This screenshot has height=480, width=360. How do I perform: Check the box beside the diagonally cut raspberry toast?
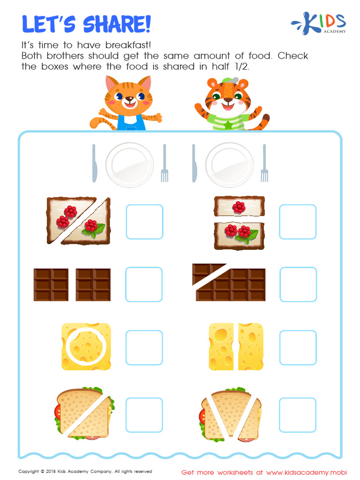(x=144, y=222)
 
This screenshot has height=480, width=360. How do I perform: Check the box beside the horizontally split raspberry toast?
(x=298, y=222)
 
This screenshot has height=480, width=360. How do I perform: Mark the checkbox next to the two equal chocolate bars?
(x=144, y=285)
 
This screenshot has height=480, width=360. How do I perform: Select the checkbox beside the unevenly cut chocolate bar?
(x=298, y=285)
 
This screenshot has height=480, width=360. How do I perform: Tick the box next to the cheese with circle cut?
(x=144, y=347)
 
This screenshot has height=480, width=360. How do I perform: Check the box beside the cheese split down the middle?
(x=298, y=347)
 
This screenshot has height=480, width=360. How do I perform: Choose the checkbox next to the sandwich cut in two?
(x=144, y=415)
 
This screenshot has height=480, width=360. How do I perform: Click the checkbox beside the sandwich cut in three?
(x=298, y=415)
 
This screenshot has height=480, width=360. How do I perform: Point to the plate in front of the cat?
(x=130, y=165)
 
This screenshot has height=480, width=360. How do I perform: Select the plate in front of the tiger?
(x=229, y=165)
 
